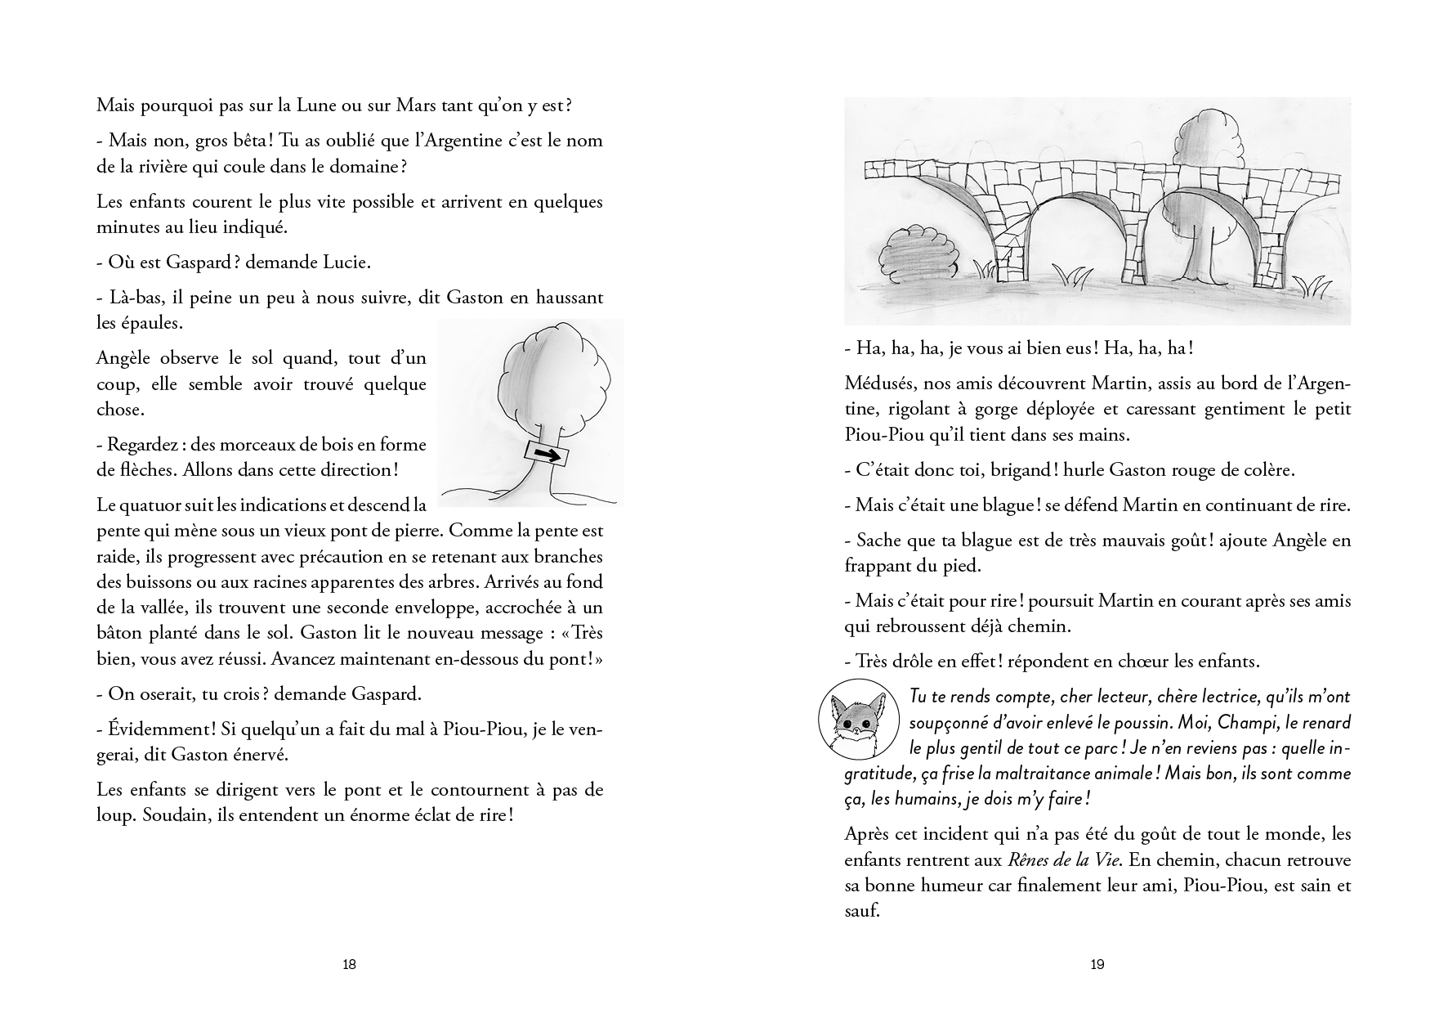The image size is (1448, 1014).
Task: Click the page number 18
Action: tap(349, 964)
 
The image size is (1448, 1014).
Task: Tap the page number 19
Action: tap(1097, 964)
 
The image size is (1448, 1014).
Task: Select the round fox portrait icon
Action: tap(854, 716)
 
